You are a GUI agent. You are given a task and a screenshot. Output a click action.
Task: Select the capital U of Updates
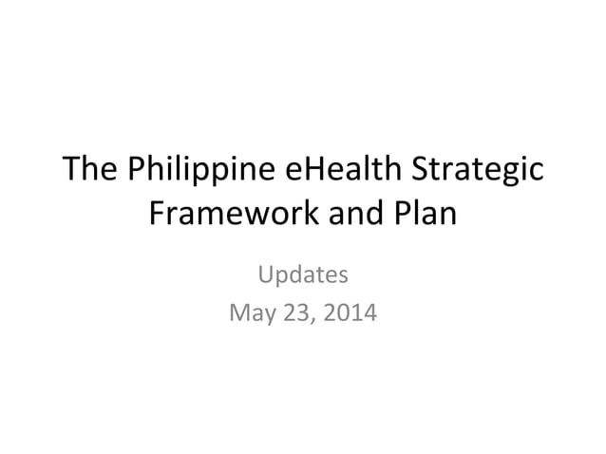(x=267, y=275)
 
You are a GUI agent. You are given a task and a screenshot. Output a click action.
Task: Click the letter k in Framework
(x=304, y=215)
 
